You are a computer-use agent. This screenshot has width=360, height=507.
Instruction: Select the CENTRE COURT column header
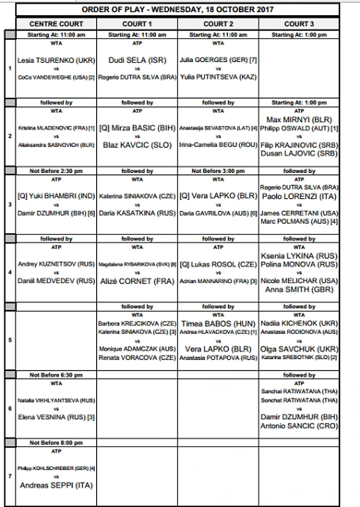pos(56,24)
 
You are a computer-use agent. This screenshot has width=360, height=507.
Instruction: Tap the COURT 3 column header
pos(299,24)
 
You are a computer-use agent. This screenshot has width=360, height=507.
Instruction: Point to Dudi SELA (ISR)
pos(137,60)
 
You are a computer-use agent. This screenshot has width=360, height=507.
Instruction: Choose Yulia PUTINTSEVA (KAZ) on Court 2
pos(217,77)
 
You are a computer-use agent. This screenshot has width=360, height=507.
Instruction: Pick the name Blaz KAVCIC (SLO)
pos(137,145)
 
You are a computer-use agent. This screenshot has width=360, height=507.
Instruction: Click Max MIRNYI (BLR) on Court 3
pos(299,120)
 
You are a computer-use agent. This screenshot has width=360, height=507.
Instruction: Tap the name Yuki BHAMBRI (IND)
pos(56,196)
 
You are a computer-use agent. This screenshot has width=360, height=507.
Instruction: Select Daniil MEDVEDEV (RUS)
pos(56,281)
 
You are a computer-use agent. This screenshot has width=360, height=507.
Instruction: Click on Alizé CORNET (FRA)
pos(137,281)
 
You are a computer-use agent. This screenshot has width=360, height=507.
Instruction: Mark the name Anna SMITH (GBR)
pos(299,290)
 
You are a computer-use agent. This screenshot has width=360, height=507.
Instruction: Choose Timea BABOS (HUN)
pos(217,324)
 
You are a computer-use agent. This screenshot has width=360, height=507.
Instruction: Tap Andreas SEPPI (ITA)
pos(56,485)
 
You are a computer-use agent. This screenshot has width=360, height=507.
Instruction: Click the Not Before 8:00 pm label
pos(56,442)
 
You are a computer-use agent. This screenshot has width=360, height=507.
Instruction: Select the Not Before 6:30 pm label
pos(56,375)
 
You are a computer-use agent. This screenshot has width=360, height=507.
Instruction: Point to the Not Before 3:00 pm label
pos(217,171)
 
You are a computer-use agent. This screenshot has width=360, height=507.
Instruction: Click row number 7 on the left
pos(10,476)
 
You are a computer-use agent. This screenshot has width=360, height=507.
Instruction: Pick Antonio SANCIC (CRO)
pos(299,426)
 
